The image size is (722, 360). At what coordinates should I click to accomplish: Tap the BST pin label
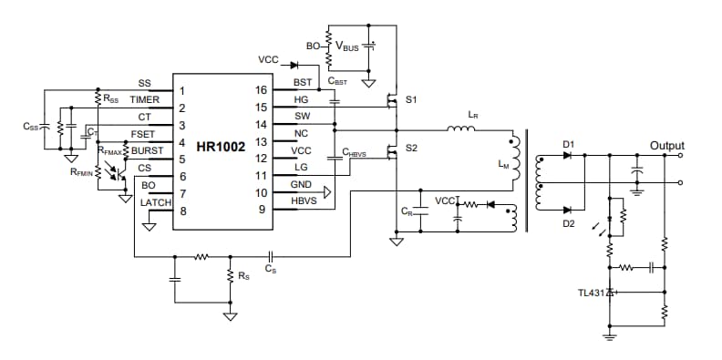(x=303, y=83)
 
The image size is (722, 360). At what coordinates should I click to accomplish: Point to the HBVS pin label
(x=305, y=201)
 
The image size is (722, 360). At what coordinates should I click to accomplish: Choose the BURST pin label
(x=147, y=149)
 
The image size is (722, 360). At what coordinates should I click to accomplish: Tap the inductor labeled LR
(x=460, y=130)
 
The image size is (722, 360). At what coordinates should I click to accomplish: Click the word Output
(x=666, y=146)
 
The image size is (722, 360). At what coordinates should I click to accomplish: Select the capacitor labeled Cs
(x=270, y=257)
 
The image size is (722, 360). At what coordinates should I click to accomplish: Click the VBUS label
(x=347, y=46)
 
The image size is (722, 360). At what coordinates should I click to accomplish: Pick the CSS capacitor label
(x=31, y=128)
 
